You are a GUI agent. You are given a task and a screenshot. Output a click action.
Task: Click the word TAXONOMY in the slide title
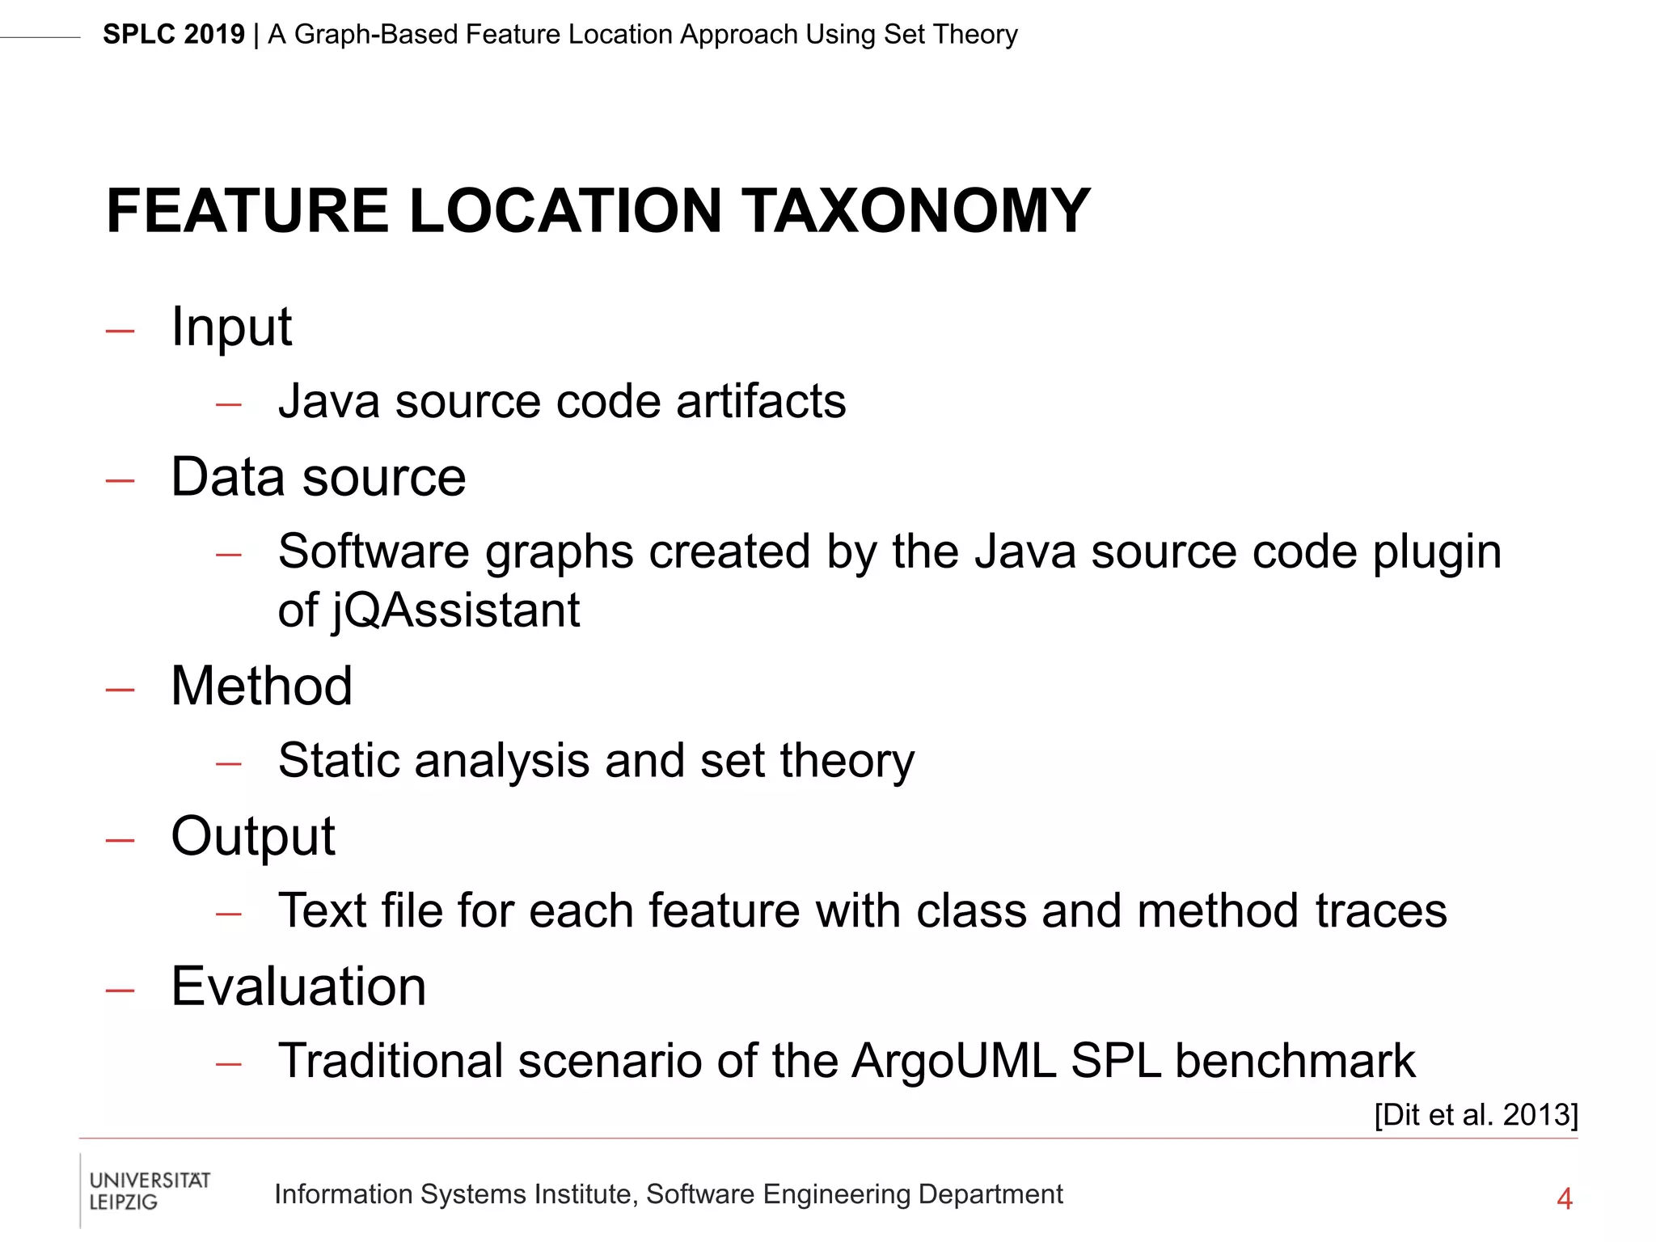[x=916, y=211]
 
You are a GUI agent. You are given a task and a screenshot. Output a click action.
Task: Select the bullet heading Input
[x=231, y=327]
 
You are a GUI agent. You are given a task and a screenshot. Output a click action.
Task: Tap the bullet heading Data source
[x=319, y=477]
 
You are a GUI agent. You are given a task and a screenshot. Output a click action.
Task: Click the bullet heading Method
[x=262, y=686]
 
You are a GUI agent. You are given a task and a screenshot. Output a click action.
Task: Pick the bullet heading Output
[x=253, y=836]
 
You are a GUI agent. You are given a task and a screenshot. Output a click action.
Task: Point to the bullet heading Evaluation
[x=298, y=986]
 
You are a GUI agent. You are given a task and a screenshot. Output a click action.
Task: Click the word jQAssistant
[x=455, y=610]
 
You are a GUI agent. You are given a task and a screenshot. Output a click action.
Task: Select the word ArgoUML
[x=953, y=1061]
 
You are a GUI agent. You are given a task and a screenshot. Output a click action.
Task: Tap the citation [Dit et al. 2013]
[x=1476, y=1114]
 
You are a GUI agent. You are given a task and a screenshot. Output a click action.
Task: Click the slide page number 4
[x=1564, y=1198]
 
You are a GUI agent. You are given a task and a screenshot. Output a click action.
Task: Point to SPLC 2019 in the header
[x=173, y=35]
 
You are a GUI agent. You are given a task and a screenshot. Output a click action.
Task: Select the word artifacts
[x=761, y=402]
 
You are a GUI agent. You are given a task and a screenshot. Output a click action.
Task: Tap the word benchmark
[x=1295, y=1061]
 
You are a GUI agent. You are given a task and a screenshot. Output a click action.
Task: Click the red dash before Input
[x=120, y=331]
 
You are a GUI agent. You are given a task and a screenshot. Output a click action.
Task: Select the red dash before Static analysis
[x=229, y=763]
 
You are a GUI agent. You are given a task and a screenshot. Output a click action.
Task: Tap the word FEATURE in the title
[x=247, y=211]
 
